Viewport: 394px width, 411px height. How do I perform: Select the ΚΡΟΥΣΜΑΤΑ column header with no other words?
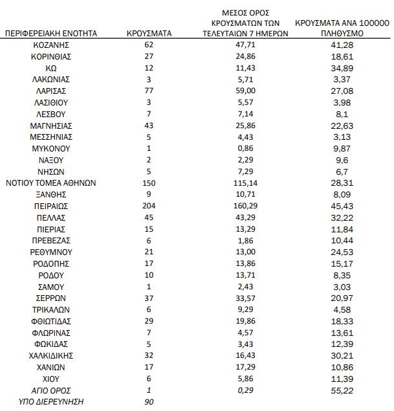(x=149, y=32)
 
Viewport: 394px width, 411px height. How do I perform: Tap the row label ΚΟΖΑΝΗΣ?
(x=50, y=45)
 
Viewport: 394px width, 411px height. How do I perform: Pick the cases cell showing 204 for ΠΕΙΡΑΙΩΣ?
(x=149, y=205)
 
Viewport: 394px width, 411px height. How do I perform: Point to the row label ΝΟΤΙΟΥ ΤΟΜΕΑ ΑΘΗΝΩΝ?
(x=50, y=183)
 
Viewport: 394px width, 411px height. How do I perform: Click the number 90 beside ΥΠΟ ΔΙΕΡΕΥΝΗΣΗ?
(x=149, y=401)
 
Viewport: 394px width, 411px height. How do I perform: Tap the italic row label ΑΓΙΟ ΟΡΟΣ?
(x=50, y=390)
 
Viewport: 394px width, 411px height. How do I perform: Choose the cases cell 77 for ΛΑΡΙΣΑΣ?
(x=149, y=91)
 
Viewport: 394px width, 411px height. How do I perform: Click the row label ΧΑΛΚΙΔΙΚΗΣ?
(x=50, y=355)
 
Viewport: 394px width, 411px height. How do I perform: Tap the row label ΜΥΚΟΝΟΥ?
(x=50, y=148)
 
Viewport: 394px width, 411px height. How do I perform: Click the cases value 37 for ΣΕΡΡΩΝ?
(x=149, y=298)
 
